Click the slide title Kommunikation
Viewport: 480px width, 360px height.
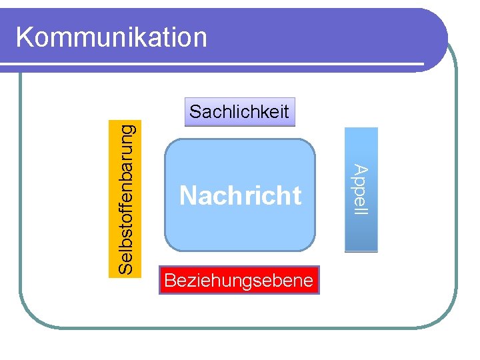coord(111,37)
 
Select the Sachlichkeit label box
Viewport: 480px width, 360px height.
coord(239,112)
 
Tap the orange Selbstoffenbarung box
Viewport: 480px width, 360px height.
coord(125,197)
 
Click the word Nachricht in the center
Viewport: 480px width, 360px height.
coord(240,196)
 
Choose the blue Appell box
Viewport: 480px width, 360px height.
coord(361,190)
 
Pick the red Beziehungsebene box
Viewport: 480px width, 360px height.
coord(239,281)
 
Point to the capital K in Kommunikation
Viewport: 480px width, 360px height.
coord(24,37)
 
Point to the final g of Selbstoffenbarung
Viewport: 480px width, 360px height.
coord(127,125)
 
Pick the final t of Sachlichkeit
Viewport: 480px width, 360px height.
coord(286,112)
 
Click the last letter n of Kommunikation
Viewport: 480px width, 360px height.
coord(201,38)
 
